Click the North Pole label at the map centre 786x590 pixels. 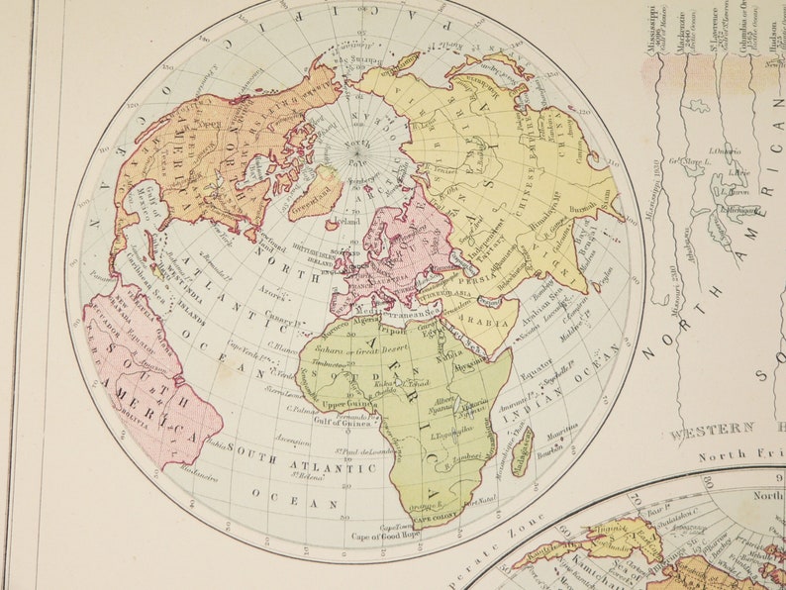(x=356, y=150)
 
